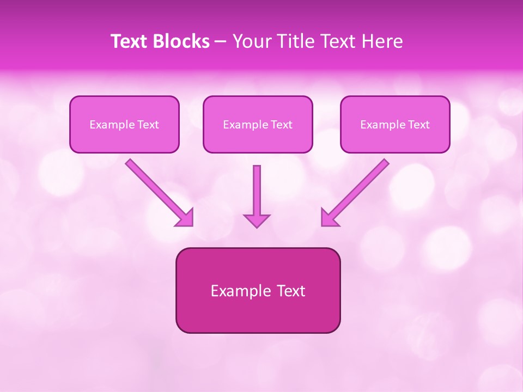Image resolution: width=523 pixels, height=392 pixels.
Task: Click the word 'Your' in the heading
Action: (x=250, y=41)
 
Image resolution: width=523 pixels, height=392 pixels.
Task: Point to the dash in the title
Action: (x=221, y=41)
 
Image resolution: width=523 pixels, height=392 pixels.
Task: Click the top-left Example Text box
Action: (x=124, y=124)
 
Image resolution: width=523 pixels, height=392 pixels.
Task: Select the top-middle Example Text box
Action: (x=258, y=124)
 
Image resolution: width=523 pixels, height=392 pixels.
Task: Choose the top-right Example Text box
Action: (x=395, y=124)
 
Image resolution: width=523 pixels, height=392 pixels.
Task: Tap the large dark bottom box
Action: (x=258, y=290)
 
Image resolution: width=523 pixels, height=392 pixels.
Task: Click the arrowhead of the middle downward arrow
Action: (x=257, y=220)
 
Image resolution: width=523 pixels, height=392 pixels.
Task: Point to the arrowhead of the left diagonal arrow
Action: (x=186, y=218)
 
